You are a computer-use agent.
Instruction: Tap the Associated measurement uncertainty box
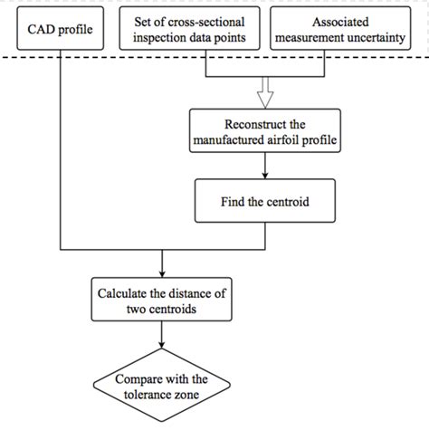click(x=348, y=31)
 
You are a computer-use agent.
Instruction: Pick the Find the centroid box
click(x=263, y=200)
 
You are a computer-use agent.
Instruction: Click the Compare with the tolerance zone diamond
click(x=161, y=387)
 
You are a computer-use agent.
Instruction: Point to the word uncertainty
click(x=382, y=39)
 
